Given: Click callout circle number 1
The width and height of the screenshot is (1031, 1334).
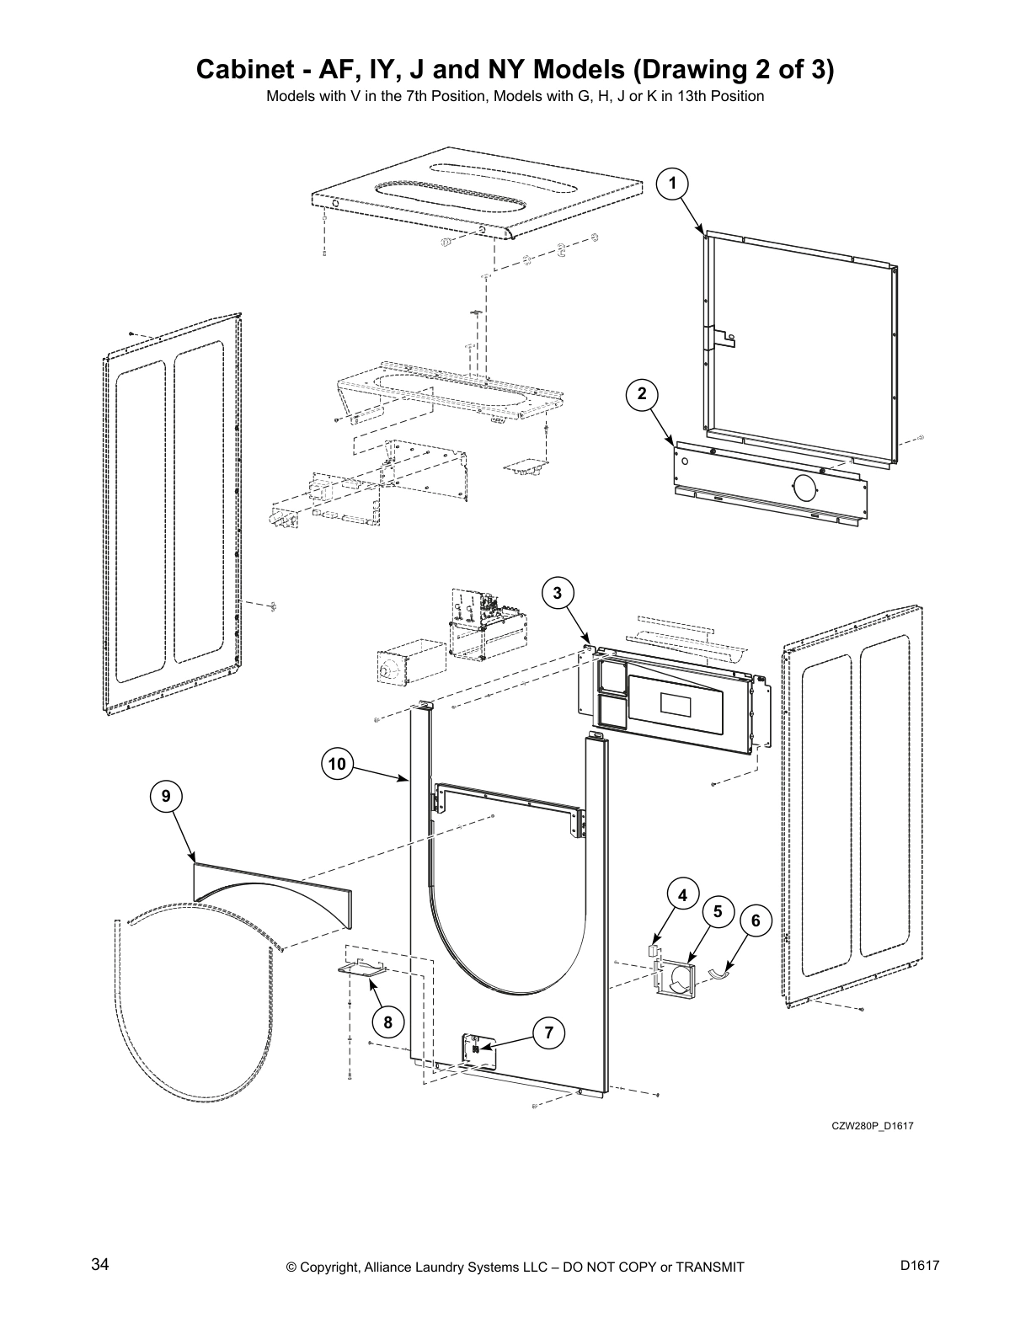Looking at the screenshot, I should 672,183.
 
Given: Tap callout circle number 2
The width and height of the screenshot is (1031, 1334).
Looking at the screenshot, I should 642,393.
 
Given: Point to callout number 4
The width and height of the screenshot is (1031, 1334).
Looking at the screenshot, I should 683,895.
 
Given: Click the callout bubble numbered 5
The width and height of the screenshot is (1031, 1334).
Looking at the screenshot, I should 718,911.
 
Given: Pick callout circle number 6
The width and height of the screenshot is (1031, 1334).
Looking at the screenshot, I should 756,920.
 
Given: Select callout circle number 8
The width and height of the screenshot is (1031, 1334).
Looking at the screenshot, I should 387,1022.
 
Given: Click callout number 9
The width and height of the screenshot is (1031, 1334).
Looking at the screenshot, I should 166,795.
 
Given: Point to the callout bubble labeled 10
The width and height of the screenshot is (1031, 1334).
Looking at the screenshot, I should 337,764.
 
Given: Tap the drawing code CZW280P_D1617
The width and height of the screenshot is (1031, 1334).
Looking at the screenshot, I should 873,1126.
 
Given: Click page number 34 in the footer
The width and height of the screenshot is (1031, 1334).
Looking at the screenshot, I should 100,1264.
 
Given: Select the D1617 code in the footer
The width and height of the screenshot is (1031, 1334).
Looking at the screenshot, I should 919,1265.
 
